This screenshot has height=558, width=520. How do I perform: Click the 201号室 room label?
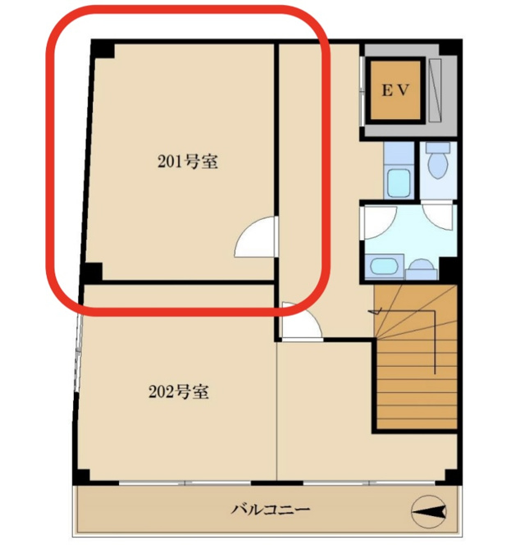188,162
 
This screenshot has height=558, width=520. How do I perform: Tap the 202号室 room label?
179,391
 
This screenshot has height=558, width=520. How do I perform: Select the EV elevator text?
395,90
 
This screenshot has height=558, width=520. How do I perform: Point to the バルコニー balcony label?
271,510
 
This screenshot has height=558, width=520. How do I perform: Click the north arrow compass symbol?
429,511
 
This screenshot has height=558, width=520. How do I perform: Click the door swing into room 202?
302,319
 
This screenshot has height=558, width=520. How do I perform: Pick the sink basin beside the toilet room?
399,183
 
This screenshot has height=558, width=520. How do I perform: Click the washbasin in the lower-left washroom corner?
383,266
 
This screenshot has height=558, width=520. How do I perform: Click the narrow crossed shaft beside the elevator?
435,91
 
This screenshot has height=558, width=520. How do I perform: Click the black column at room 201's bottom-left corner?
92,272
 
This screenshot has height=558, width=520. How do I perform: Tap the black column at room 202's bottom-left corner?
81,477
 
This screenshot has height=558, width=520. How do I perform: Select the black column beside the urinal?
448,269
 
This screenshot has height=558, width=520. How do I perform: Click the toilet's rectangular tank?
438,148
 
